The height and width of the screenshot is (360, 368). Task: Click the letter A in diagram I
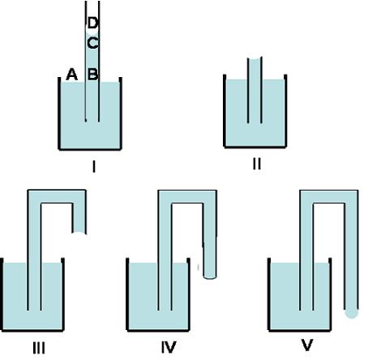click(x=72, y=75)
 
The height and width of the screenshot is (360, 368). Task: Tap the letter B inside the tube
click(x=92, y=74)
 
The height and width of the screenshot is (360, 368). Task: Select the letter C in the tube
click(x=92, y=43)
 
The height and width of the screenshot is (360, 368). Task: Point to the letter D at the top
click(x=92, y=23)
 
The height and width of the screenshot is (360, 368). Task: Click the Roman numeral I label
click(x=94, y=166)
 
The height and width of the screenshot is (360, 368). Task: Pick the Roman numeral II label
click(x=257, y=164)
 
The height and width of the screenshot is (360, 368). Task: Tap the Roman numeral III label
click(x=39, y=348)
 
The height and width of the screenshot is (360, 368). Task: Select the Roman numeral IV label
click(x=169, y=347)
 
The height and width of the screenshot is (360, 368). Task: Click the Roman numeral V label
click(x=307, y=345)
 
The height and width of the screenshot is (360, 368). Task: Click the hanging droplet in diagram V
click(x=352, y=314)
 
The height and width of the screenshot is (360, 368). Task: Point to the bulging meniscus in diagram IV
click(x=210, y=276)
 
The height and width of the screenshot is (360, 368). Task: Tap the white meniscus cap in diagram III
click(x=79, y=234)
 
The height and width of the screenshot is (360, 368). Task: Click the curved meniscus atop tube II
click(x=255, y=59)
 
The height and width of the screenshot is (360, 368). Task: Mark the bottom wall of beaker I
click(x=90, y=148)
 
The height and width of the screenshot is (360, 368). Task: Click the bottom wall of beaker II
click(x=255, y=147)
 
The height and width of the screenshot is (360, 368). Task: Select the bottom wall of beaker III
click(x=32, y=330)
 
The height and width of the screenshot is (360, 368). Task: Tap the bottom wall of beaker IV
click(x=158, y=330)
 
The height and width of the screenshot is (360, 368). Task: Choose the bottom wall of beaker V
click(x=300, y=330)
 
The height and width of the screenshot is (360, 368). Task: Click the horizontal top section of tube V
click(x=329, y=196)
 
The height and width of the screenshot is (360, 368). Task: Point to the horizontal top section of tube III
click(x=57, y=196)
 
